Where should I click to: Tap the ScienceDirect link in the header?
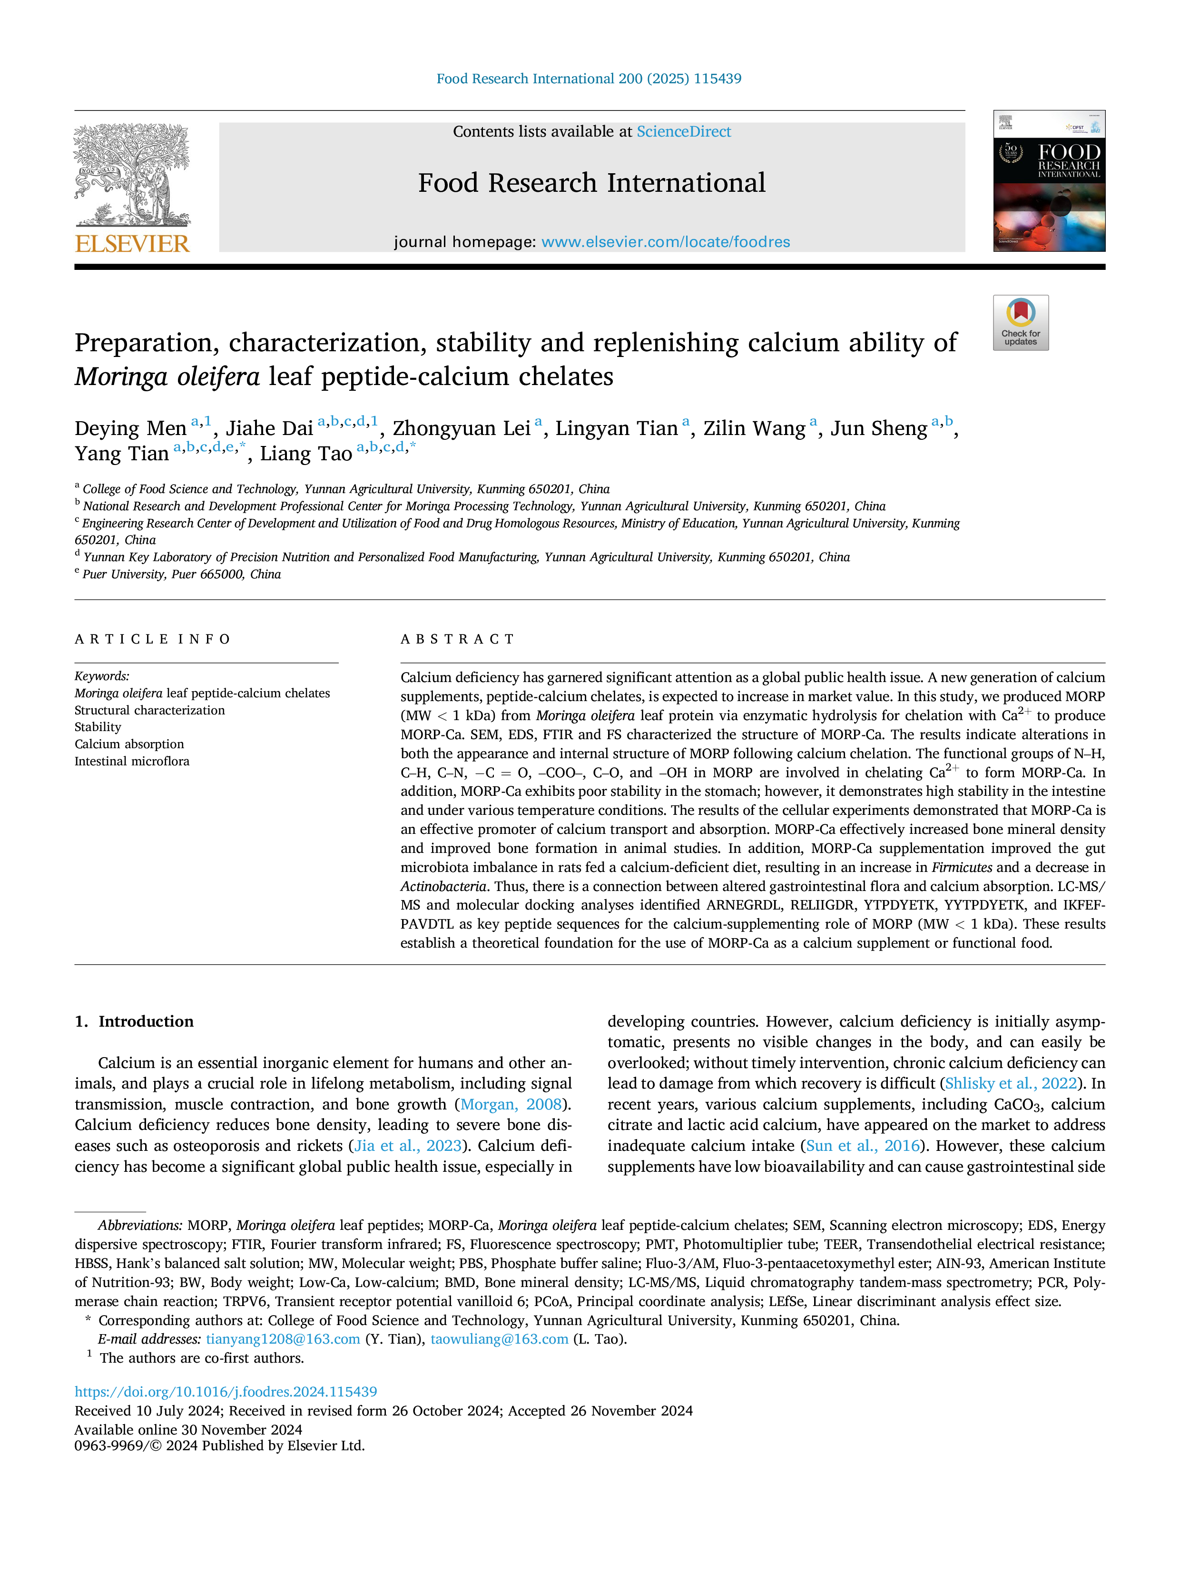click(x=684, y=132)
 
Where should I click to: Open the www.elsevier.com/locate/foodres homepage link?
click(x=666, y=242)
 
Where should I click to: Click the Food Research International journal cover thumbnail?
click(x=1049, y=181)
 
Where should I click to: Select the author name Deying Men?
click(x=130, y=428)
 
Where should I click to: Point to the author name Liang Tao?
click(x=306, y=454)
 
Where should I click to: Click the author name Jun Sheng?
click(x=879, y=428)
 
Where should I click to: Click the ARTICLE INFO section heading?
click(x=152, y=639)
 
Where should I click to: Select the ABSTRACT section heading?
click(x=457, y=639)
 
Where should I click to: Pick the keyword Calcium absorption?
click(x=129, y=744)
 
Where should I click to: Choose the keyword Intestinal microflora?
click(x=132, y=762)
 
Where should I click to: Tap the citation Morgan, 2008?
click(x=511, y=1104)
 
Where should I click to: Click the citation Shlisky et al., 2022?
click(x=1011, y=1084)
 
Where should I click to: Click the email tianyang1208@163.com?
click(x=283, y=1339)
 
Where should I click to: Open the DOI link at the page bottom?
click(x=226, y=1392)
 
